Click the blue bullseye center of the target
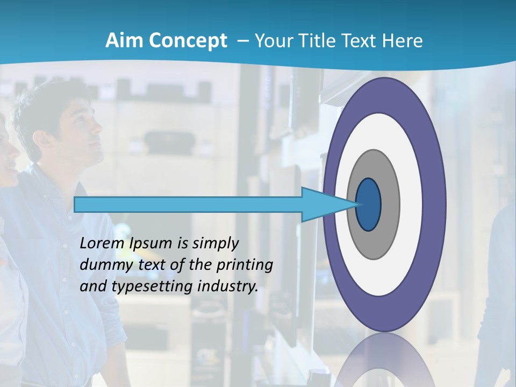coord(368,205)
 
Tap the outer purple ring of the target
coord(434,205)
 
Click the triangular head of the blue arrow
coord(322,205)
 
